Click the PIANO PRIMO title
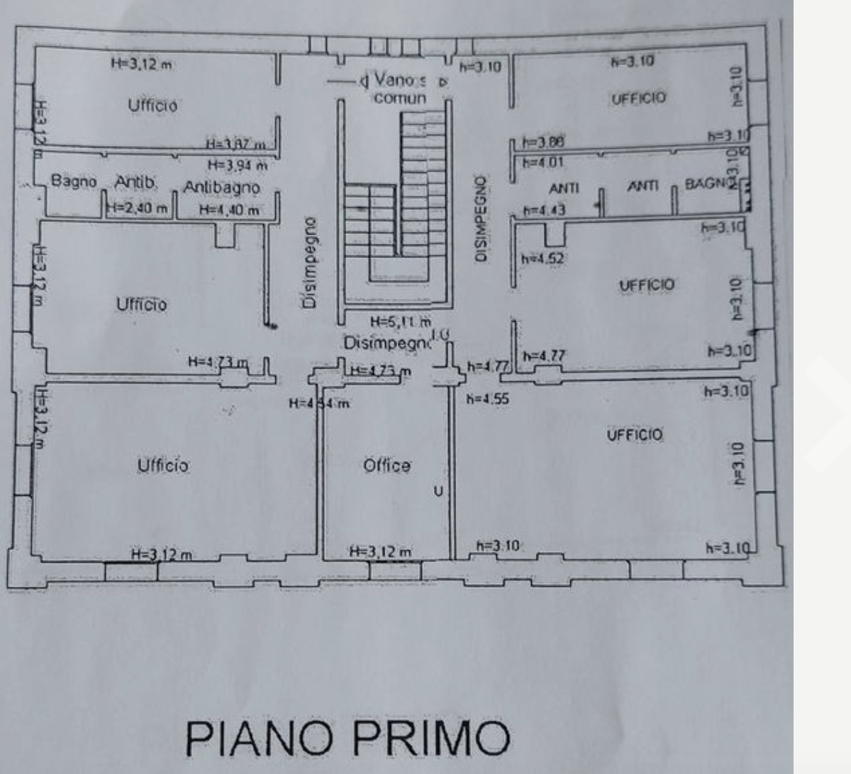click(347, 738)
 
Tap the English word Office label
click(386, 466)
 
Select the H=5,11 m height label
click(400, 322)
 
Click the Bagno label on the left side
click(74, 181)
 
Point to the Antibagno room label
click(222, 188)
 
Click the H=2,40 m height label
click(138, 208)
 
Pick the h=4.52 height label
click(543, 259)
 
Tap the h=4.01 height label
click(543, 163)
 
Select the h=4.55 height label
click(488, 399)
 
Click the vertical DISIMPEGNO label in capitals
click(482, 218)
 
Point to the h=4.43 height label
click(544, 211)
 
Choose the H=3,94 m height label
click(238, 166)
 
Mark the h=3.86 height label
click(543, 142)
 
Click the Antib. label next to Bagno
click(135, 183)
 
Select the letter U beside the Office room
click(438, 490)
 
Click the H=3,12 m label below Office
click(380, 552)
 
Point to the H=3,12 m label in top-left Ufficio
click(141, 64)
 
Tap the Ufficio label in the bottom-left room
click(163, 465)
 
